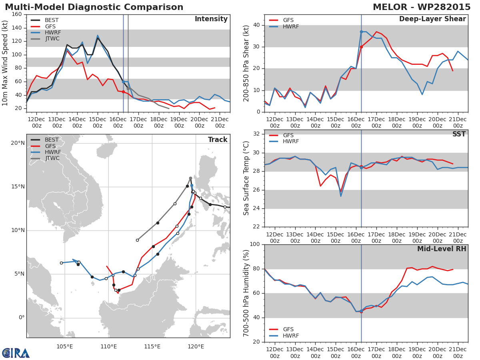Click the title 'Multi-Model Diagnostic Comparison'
(94, 7)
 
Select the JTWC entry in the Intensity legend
(52, 39)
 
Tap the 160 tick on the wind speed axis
(17, 14)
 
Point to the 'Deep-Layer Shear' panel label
(432, 19)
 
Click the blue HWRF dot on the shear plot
(361, 32)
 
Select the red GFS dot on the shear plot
(361, 47)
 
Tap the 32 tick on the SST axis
(257, 134)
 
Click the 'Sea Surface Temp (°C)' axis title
(246, 178)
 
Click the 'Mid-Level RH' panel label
(441, 249)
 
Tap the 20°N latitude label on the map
(18, 143)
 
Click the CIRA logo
(16, 353)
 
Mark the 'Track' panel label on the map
(218, 140)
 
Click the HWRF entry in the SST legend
(291, 141)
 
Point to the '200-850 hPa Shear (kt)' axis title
(246, 63)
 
